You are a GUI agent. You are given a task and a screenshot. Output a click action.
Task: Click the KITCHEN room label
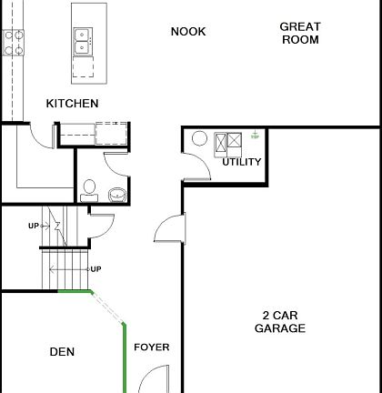coord(72,104)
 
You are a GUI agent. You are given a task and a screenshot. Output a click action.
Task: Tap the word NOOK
coord(188,32)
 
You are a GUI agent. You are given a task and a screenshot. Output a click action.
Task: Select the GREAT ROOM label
coord(299,34)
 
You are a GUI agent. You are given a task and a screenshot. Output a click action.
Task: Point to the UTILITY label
coord(242,162)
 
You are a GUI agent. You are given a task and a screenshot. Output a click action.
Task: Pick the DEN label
coord(62,352)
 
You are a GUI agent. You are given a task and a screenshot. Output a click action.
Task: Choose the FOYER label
coord(152,348)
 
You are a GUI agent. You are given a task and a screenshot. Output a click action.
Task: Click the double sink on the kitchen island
coord(83,39)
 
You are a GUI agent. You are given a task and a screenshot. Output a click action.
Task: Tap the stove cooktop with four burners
coord(13,40)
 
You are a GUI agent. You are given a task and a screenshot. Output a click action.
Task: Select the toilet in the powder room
coord(88,189)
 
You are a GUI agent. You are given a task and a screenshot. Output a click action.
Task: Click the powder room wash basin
coord(116,194)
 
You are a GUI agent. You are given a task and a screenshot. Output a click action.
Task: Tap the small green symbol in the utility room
coord(256,136)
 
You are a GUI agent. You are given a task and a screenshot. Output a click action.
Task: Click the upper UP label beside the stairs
coord(34,226)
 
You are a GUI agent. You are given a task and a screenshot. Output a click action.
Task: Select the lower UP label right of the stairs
coord(95,269)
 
